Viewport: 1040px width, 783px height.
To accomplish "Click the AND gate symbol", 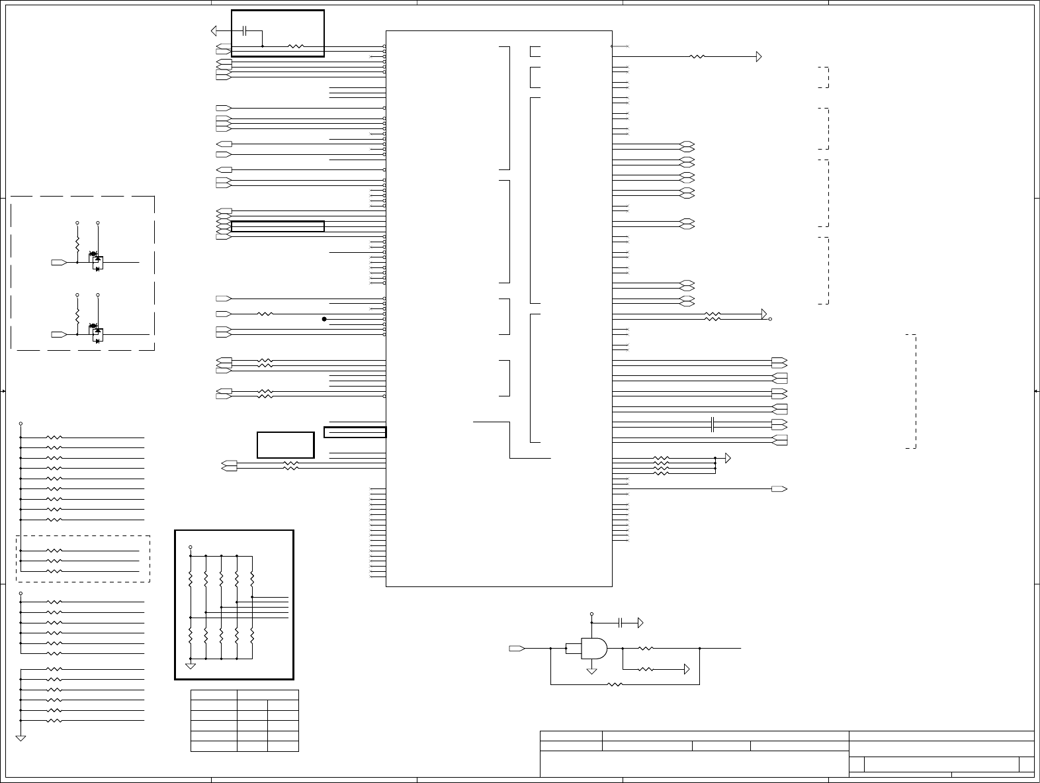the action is coord(593,649).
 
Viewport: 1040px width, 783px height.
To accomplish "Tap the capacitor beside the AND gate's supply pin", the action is coord(621,623).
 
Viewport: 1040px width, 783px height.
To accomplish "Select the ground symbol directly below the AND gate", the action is coord(591,670).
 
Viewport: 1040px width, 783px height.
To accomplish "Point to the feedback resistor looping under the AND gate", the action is coord(615,684).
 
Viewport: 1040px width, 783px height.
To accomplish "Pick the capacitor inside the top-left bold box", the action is coord(245,30).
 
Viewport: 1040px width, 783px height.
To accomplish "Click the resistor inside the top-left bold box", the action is coord(296,46).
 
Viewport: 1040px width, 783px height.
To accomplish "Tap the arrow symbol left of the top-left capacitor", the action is coord(215,30).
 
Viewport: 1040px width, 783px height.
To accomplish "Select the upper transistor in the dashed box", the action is coord(97,261).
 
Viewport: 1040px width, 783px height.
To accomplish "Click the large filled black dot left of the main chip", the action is coord(324,319).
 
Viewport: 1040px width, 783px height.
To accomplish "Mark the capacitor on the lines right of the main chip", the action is coord(713,424).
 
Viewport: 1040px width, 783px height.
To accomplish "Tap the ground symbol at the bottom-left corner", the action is coord(21,737).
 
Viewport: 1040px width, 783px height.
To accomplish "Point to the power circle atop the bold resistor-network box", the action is coord(191,547).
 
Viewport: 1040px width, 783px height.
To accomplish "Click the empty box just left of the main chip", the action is coord(285,445).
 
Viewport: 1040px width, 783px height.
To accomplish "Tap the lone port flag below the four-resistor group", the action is coord(779,489).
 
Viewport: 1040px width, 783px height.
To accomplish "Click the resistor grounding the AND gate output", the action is coord(646,669).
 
